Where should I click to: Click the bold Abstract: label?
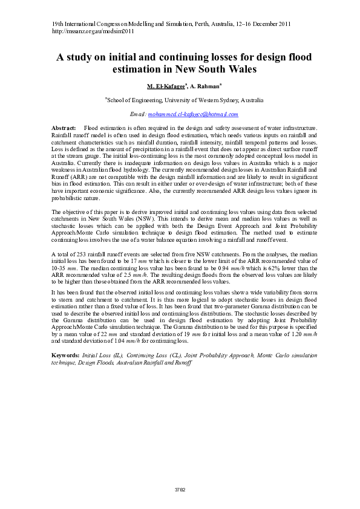click(x=64, y=129)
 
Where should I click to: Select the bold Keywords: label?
click(x=65, y=355)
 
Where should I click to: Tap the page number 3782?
click(x=180, y=488)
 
